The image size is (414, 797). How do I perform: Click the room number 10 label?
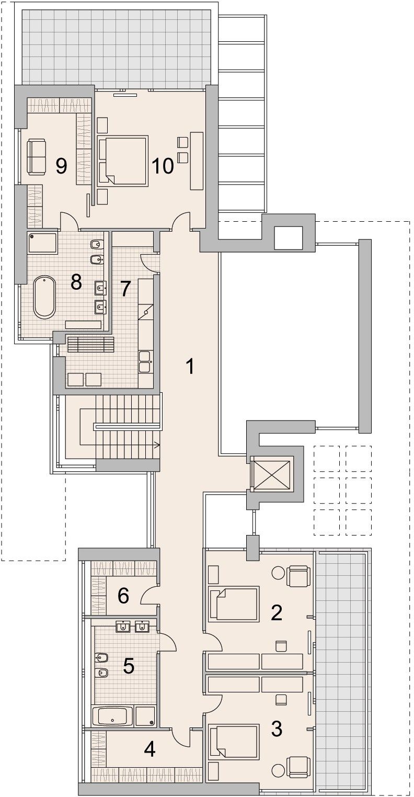[163, 165]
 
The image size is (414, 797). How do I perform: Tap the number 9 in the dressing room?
[61, 166]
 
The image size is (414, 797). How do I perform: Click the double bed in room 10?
[122, 161]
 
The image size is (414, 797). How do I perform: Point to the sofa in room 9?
[37, 157]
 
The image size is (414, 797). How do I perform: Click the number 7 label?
[125, 289]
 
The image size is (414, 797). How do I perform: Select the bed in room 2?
[233, 605]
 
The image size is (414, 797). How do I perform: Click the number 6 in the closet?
[123, 596]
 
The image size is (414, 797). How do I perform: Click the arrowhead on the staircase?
[157, 445]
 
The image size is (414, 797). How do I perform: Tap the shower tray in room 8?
[42, 243]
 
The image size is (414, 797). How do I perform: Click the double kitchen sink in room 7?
[145, 361]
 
